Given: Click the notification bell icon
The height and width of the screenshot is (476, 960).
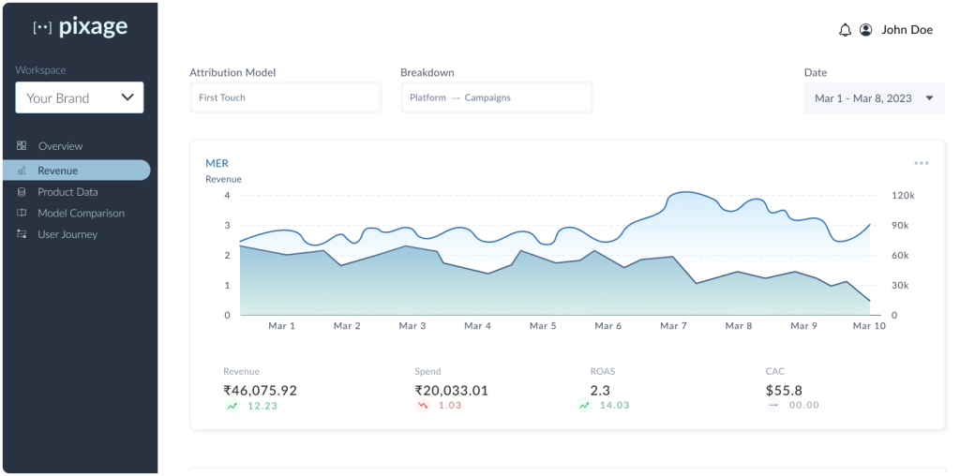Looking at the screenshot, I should coord(845,30).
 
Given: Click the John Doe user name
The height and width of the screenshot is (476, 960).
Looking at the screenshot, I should coord(907,30).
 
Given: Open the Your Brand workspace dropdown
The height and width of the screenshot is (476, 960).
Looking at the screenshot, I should coord(80,97).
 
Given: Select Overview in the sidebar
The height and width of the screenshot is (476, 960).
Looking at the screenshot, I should coord(60,146).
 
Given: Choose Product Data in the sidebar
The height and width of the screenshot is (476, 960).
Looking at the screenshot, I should coord(67,192).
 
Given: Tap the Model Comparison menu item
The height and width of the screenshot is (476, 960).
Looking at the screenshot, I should coord(81,213).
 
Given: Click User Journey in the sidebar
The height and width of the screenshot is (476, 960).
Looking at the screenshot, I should coord(67,234).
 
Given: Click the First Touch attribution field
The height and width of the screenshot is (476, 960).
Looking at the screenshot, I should coord(285,97).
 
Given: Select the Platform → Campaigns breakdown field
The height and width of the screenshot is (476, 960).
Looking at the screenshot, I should coord(496,97).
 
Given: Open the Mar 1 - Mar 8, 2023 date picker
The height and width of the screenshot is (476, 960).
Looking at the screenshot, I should coord(874,97).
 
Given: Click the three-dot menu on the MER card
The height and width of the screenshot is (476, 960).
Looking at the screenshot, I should coord(922,163).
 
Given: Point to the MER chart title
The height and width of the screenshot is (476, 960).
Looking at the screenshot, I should coord(217,163).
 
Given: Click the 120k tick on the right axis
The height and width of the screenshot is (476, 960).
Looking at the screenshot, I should coord(903,196).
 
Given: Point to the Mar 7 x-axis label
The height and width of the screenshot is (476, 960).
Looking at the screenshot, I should coord(673,326).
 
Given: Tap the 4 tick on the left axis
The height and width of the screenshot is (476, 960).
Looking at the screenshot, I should coord(227,196).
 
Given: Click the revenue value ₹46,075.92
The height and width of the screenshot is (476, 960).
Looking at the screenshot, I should coord(260,390).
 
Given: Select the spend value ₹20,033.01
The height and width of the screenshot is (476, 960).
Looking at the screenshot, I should coord(451,390).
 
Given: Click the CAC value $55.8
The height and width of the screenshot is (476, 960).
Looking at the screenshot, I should coord(784,390).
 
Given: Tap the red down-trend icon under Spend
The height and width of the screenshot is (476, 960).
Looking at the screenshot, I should coord(423,406).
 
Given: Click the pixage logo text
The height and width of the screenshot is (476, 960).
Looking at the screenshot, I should coord(93,27).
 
